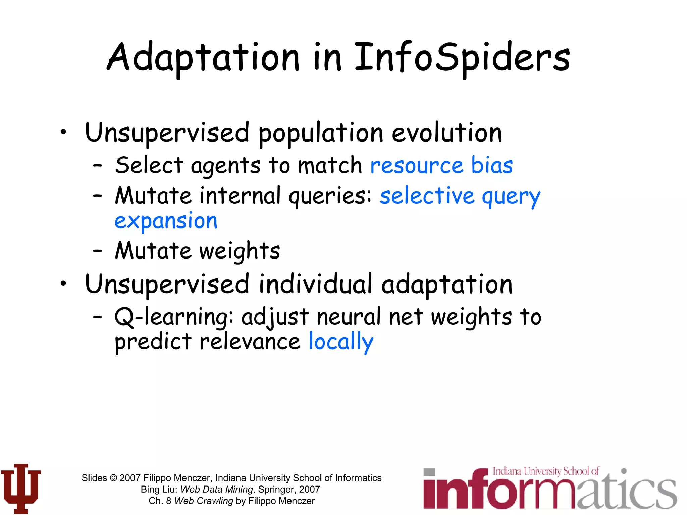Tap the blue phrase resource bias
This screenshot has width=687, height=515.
[x=441, y=165]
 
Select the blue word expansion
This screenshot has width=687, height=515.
[x=166, y=222]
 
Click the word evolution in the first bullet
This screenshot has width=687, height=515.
[x=447, y=133]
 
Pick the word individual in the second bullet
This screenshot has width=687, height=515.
[x=316, y=284]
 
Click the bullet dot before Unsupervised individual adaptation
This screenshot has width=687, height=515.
[x=63, y=284]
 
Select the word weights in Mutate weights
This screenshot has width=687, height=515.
[x=240, y=251]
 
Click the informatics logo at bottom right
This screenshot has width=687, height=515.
[x=550, y=489]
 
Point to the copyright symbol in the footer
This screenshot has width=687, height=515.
[x=113, y=478]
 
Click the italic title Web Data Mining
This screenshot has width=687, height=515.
[x=217, y=489]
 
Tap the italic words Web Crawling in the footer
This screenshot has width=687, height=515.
[x=204, y=501]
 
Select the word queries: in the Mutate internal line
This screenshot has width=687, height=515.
[x=330, y=196]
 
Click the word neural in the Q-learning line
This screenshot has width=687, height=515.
[x=349, y=317]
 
